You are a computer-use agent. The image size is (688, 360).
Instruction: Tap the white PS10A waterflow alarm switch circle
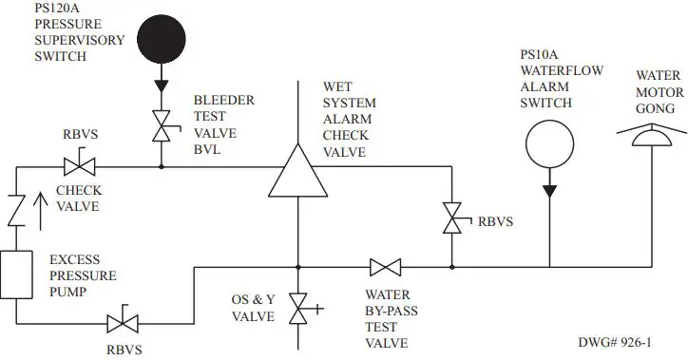[x=549, y=146]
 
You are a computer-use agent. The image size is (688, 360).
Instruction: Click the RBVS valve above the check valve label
[x=78, y=167]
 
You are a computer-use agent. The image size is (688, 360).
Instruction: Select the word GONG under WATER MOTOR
[x=657, y=109]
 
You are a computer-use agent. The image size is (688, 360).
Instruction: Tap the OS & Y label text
[x=252, y=300]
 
